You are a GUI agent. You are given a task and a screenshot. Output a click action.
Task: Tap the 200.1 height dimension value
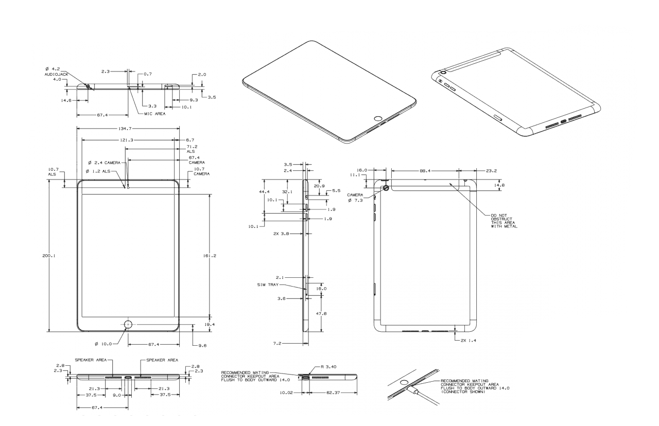click(49, 256)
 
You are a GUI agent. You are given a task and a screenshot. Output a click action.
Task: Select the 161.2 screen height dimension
click(210, 256)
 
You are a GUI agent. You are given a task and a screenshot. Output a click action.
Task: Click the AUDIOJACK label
click(56, 75)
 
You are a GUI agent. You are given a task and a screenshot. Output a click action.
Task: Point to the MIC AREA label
click(155, 114)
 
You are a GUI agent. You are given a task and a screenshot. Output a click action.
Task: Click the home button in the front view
click(128, 324)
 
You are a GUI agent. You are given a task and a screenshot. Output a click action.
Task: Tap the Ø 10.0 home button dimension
click(103, 344)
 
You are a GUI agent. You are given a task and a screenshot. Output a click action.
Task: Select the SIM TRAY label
click(268, 285)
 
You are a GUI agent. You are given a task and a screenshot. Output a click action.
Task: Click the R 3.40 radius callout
click(328, 367)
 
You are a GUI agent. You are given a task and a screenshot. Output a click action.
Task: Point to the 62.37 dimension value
click(333, 393)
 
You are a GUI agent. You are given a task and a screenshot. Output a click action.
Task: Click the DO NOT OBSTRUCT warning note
click(504, 221)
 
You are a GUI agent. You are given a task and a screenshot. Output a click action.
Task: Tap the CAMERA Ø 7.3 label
click(355, 198)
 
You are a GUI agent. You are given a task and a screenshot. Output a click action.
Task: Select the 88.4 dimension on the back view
click(425, 170)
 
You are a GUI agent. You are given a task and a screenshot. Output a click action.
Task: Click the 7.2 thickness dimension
click(278, 343)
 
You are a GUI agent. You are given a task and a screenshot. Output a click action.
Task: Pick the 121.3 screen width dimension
click(126, 140)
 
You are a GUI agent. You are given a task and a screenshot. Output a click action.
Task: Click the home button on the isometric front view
click(378, 119)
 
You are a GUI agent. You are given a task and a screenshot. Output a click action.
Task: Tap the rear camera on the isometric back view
click(443, 73)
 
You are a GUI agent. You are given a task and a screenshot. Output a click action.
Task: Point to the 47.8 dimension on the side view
click(321, 313)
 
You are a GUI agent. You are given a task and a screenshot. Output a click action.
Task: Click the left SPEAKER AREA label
click(91, 360)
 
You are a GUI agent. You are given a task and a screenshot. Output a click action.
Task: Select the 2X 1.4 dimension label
click(469, 341)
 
